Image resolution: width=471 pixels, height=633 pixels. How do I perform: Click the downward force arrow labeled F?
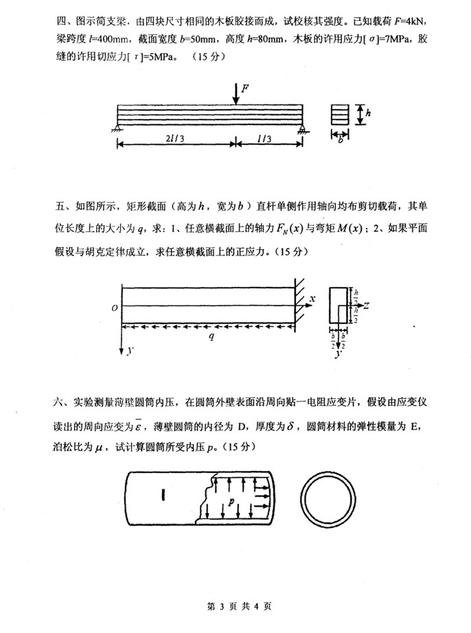[x=235, y=94]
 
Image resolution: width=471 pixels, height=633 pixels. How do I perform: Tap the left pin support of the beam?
[x=119, y=127]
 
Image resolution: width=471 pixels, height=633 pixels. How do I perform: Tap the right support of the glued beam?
[x=303, y=127]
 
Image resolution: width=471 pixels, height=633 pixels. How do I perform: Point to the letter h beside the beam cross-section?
[x=368, y=115]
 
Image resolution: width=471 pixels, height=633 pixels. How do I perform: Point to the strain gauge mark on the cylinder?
[x=163, y=494]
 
